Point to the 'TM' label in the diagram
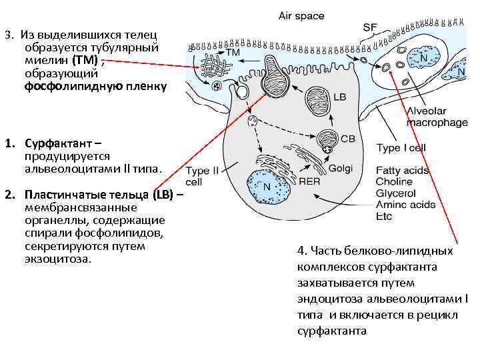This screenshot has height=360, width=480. click(233, 52)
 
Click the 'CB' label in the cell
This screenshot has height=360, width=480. click(347, 139)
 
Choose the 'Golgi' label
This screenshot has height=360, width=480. click(340, 169)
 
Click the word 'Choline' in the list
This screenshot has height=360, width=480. click(393, 181)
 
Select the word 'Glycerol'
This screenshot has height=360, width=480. click(395, 193)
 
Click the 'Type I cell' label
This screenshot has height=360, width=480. click(401, 148)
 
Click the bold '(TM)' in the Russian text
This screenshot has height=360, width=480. click(86, 60)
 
